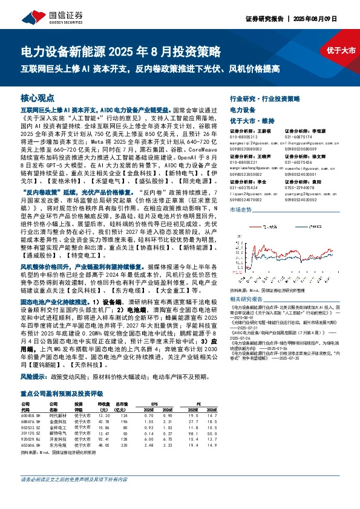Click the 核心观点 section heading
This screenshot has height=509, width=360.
tap(38, 97)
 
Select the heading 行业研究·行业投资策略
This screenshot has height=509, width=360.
tap(265, 97)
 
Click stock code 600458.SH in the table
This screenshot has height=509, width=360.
tap(30, 415)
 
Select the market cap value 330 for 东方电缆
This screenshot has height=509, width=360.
tap(123, 444)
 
